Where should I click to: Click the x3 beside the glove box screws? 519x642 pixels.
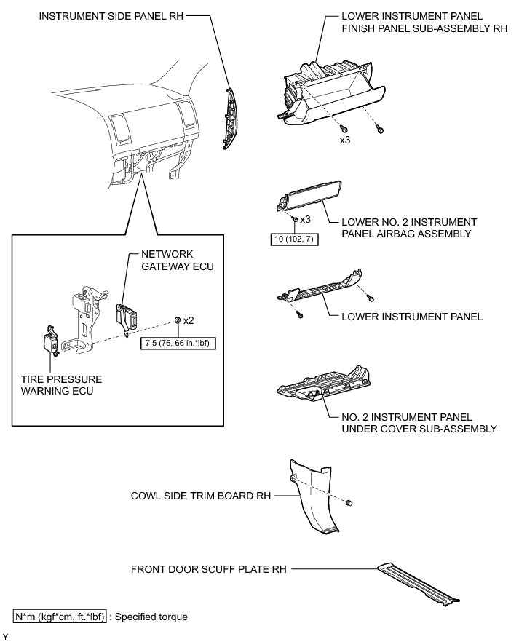click(x=345, y=140)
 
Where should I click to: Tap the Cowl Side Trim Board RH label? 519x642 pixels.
click(x=199, y=496)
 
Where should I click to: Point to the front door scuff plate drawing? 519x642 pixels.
click(x=419, y=582)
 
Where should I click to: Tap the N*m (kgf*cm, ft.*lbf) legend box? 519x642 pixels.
click(x=60, y=617)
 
